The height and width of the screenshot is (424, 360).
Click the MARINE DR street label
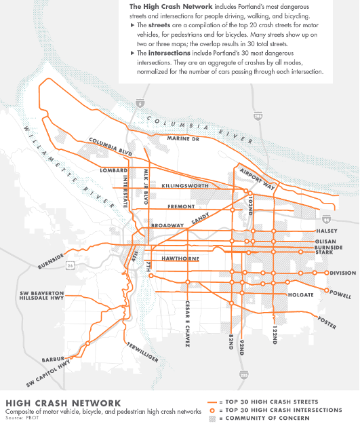(184, 139)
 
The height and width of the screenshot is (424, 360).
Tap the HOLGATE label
(301, 295)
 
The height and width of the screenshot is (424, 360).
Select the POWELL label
(340, 296)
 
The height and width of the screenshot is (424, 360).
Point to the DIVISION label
(343, 273)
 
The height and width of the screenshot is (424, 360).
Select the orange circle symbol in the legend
(213, 410)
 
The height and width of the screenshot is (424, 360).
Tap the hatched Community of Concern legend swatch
(213, 418)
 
